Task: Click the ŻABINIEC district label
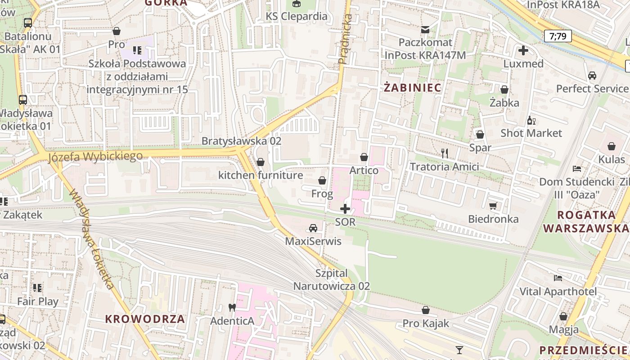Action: (x=412, y=87)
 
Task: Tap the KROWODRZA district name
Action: (x=145, y=319)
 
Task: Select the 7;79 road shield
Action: (x=558, y=36)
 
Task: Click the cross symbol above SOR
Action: (x=345, y=209)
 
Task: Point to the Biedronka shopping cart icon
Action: (x=493, y=206)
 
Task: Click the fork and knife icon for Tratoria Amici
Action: (x=445, y=153)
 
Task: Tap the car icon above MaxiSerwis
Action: (x=313, y=228)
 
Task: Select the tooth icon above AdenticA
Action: (x=232, y=308)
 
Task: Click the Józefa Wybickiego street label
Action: (x=95, y=157)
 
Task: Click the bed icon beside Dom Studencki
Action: (x=577, y=169)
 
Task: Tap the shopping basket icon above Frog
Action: (x=322, y=181)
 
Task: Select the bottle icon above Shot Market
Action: (x=531, y=120)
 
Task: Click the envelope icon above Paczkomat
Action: (x=425, y=30)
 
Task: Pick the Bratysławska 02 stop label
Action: (x=241, y=141)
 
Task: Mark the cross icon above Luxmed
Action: (x=523, y=50)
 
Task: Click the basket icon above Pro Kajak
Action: (x=426, y=310)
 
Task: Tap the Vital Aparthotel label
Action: (x=558, y=292)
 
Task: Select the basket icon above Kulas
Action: (x=612, y=146)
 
